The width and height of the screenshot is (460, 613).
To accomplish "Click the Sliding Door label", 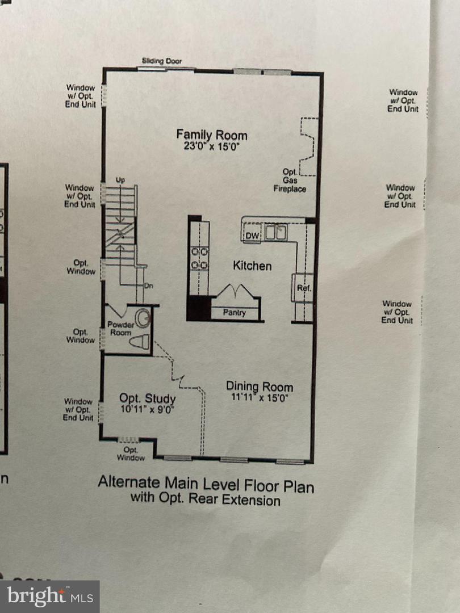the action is (161, 61).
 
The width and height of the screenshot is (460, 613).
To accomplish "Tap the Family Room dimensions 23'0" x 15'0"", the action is (212, 146).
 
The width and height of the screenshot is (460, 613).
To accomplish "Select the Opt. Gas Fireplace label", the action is (290, 180).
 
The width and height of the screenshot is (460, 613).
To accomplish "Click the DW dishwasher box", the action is (252, 235).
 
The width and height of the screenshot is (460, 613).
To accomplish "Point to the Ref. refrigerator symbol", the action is (303, 288).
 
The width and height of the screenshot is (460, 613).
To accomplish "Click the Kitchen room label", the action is (252, 266).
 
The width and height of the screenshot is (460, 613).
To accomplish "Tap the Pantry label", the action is (235, 312).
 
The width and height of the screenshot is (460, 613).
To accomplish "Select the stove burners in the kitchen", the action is (199, 258).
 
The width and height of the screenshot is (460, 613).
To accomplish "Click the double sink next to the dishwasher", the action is (275, 232).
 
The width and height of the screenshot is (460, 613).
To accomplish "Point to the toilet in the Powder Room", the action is (140, 342).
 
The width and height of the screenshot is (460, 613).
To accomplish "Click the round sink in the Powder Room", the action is (143, 317).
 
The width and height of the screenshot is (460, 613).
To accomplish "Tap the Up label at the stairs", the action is (120, 180).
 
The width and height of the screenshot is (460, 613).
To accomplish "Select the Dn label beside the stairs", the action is (149, 285).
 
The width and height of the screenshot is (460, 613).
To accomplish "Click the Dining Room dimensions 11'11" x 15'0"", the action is (260, 397).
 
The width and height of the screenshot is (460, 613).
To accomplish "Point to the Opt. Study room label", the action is (148, 398).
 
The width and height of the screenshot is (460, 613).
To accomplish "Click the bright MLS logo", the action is (49, 597).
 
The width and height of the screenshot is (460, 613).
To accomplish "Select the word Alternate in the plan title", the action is (129, 482).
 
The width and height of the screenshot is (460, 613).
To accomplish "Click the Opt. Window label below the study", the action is (131, 454).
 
